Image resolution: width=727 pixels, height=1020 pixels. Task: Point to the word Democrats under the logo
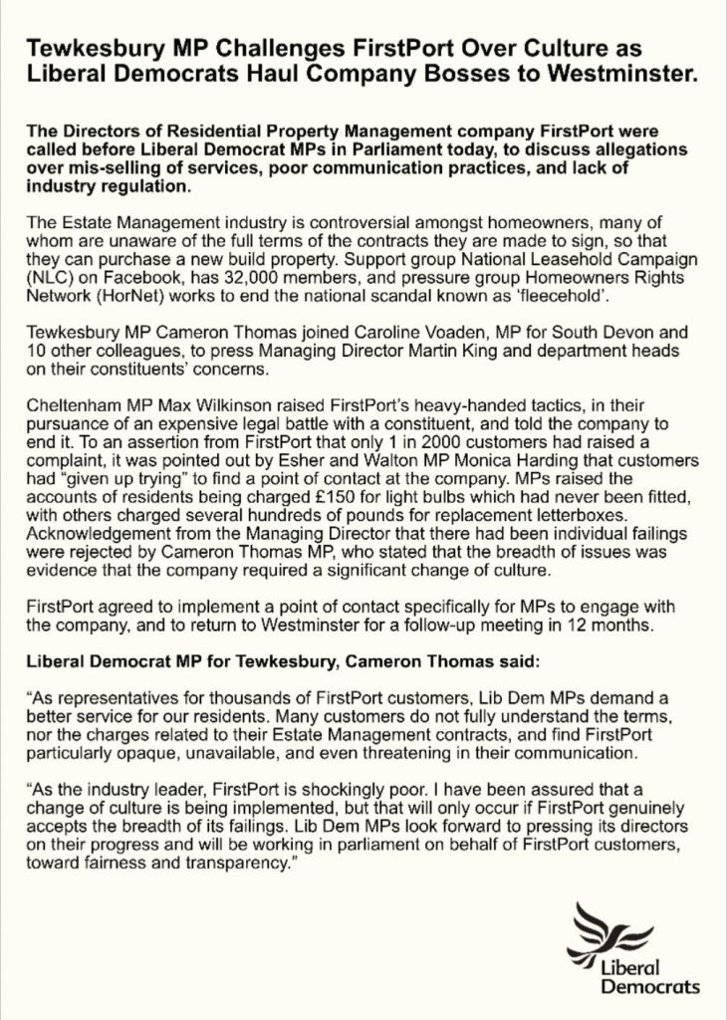pos(649,986)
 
